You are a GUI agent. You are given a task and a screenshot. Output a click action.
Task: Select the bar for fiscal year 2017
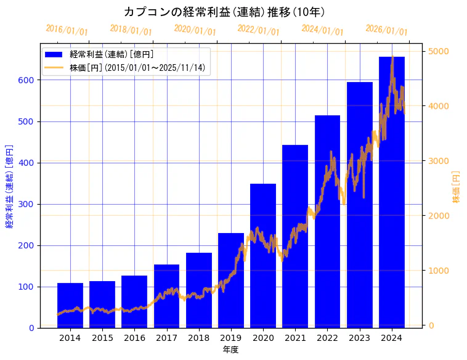pos(166,296)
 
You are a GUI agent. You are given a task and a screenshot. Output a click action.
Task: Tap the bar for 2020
pos(263,256)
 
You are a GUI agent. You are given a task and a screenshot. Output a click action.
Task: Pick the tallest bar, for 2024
pos(392,192)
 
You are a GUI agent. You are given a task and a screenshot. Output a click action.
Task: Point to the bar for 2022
pos(327,221)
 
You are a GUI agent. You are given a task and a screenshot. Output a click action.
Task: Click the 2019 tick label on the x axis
pos(231,338)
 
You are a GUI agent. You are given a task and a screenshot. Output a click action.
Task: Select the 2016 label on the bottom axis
pos(134,338)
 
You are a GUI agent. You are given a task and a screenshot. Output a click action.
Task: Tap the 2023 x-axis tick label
pos(360,338)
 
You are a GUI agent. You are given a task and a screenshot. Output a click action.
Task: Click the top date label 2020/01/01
pos(195,30)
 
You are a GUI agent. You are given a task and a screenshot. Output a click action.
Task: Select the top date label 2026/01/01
pos(386,30)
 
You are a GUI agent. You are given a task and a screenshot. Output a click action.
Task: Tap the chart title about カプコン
pos(224,12)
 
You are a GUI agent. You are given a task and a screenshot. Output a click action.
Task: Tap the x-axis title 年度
pos(231,350)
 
